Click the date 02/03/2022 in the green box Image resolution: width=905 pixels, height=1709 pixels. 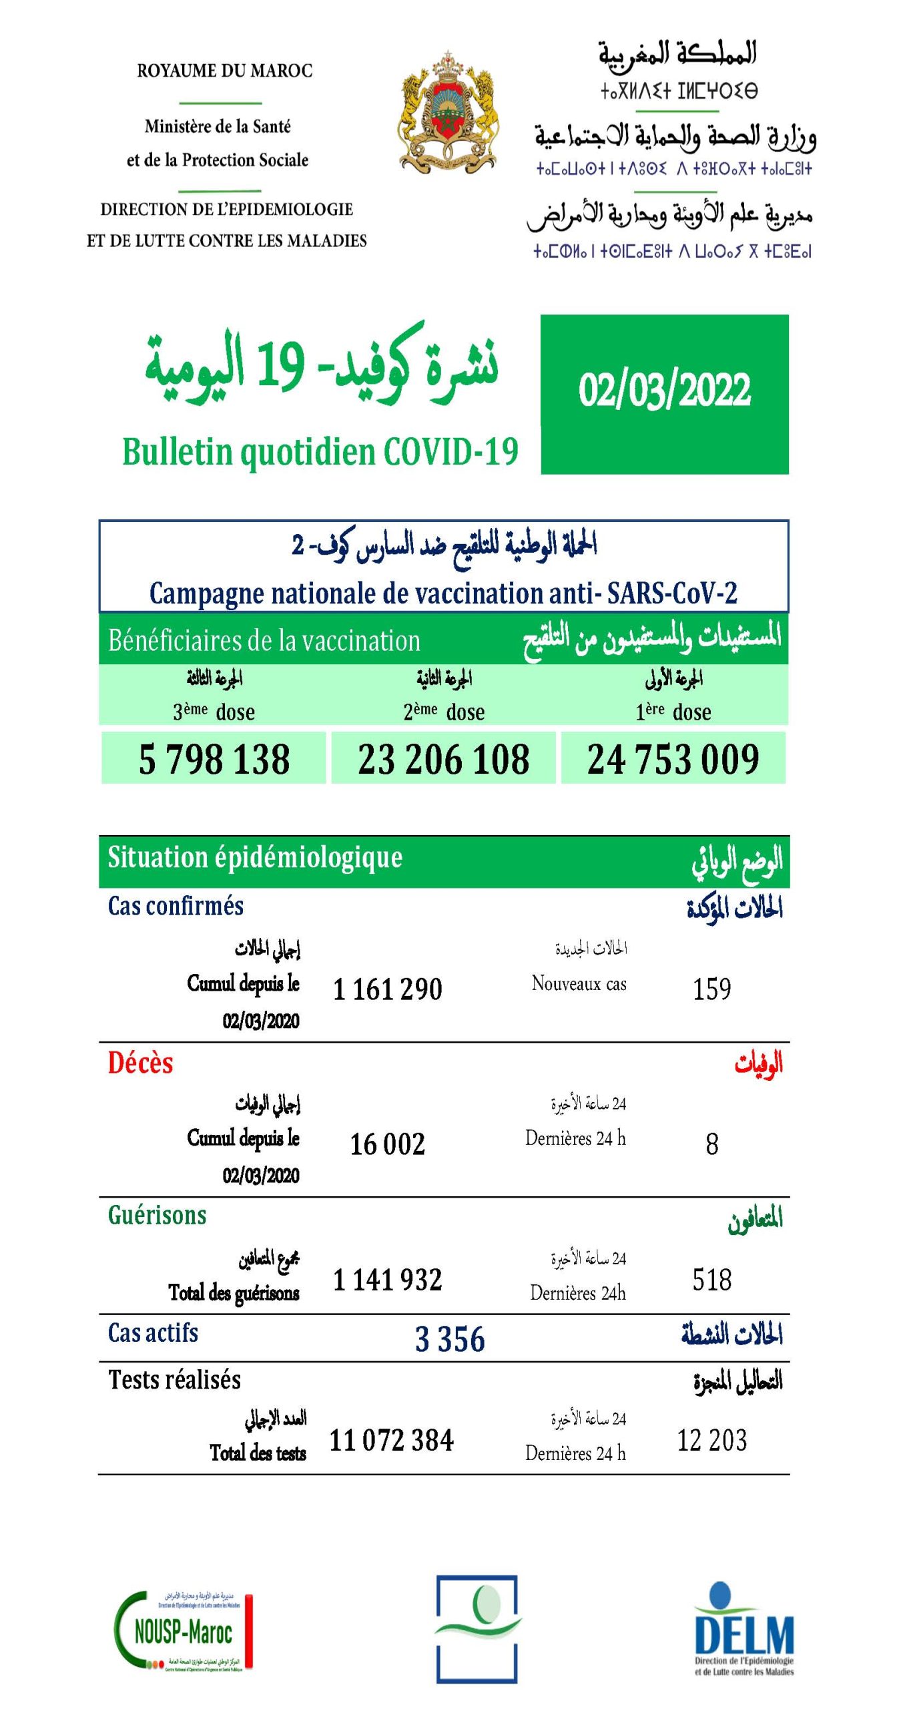664,391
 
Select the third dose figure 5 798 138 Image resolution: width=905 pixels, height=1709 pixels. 214,759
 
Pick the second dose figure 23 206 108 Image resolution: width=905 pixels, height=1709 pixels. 444,759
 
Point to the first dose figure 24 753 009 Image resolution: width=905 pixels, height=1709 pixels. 673,759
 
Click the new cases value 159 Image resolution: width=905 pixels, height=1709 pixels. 711,989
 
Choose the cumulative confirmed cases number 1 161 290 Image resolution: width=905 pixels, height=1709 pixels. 387,989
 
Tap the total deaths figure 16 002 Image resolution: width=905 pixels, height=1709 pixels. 387,1144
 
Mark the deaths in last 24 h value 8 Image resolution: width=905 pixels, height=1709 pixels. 712,1144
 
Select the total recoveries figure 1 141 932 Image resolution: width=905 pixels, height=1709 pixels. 387,1280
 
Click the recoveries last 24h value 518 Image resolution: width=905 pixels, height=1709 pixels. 711,1280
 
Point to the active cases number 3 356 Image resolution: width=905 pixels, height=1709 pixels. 450,1338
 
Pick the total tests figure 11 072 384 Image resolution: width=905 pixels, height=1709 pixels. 391,1440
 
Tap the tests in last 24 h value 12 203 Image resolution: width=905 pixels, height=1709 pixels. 711,1440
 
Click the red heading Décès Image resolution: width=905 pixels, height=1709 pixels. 140,1063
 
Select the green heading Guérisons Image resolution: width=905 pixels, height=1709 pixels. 157,1215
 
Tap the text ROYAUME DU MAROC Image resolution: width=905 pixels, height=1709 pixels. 224,71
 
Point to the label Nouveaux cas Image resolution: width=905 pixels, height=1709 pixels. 579,983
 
